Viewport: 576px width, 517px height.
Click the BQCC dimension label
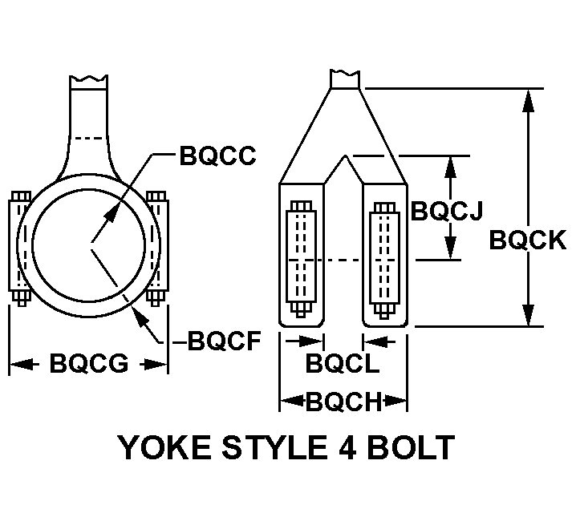pos(217,156)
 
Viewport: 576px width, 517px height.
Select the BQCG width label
pos(89,363)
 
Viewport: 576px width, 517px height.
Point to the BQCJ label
pos(446,211)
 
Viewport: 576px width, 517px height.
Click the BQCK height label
pos(528,240)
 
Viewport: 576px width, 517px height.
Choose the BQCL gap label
pos(343,363)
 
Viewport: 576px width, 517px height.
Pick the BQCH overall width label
pos(344,401)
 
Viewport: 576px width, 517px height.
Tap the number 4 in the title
pos(345,447)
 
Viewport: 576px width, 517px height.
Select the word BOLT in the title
pos(411,447)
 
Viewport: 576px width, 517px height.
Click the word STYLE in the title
pos(274,447)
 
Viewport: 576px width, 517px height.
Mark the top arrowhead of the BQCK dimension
pos(528,100)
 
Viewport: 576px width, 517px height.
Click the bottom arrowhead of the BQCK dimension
pos(528,314)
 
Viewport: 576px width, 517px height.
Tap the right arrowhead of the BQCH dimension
pos(395,401)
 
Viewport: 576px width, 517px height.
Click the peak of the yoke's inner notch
pos(345,156)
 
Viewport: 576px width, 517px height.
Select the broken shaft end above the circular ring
pos(88,83)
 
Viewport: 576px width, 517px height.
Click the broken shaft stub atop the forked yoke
pos(345,79)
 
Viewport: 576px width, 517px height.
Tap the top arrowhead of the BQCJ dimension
pos(450,168)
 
